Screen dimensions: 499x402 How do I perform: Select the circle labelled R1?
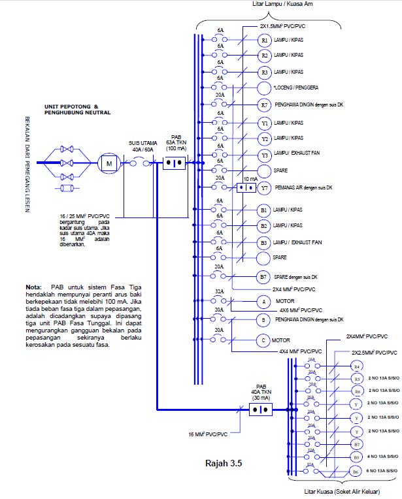(x=264, y=40)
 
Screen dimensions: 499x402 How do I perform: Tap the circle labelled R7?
(x=264, y=105)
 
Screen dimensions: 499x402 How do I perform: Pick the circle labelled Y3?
(x=264, y=155)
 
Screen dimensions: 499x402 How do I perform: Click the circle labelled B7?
(x=264, y=277)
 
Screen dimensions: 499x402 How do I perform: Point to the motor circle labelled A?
(x=264, y=302)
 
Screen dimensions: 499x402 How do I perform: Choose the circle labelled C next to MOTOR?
(x=264, y=340)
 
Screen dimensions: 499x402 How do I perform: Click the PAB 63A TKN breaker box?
(x=174, y=162)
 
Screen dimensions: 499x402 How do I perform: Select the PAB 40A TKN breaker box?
(x=261, y=410)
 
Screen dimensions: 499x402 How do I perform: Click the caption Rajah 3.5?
(x=224, y=464)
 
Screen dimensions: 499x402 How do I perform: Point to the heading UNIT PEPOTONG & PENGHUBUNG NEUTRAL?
(x=77, y=109)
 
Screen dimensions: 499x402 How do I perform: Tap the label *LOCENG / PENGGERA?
(x=297, y=88)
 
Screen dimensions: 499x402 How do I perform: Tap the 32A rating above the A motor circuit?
(x=220, y=291)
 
